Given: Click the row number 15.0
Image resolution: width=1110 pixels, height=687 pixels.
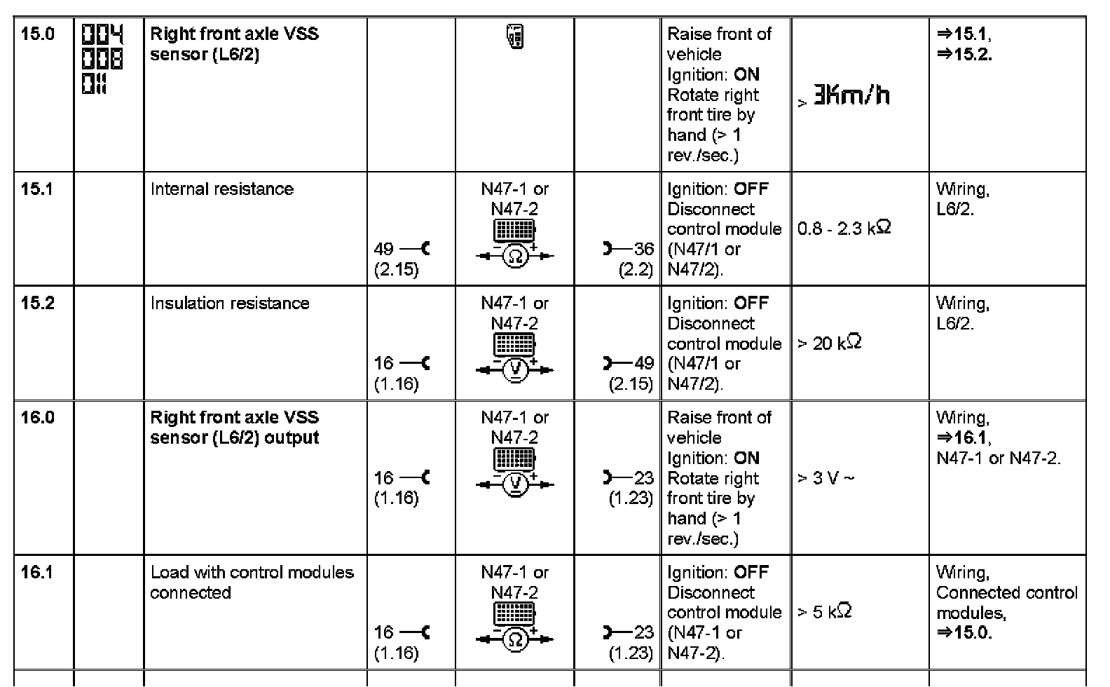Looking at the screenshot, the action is point(37,34).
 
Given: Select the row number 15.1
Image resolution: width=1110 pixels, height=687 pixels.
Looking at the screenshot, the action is point(36,189).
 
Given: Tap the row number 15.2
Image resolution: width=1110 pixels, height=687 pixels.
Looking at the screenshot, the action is point(37,303).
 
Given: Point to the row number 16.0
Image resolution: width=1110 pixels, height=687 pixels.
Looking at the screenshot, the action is point(37,417).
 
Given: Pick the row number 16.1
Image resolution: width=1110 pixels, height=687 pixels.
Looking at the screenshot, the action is point(36,572).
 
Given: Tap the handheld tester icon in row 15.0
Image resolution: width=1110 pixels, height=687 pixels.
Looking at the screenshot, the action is point(514,36).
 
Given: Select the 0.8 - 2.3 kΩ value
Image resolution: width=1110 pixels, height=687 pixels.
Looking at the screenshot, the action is point(844,229).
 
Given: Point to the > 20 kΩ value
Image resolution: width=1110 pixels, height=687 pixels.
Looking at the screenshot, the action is point(830,343).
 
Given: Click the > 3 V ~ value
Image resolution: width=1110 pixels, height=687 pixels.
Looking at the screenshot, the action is point(826,478).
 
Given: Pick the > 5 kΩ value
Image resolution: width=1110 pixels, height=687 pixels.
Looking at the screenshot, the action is point(825,612).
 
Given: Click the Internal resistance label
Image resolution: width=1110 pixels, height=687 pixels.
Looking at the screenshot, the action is point(221,189).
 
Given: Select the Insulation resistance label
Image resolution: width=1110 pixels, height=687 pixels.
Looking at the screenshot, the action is point(229,303).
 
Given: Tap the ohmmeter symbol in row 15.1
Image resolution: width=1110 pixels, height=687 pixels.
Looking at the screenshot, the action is point(515,257).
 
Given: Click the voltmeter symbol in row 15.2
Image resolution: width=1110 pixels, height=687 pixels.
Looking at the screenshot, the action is point(515,370).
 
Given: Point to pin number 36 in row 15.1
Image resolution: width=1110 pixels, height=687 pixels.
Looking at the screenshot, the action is point(643,249).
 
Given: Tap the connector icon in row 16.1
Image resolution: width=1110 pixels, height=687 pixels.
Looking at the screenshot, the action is point(515,615).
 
